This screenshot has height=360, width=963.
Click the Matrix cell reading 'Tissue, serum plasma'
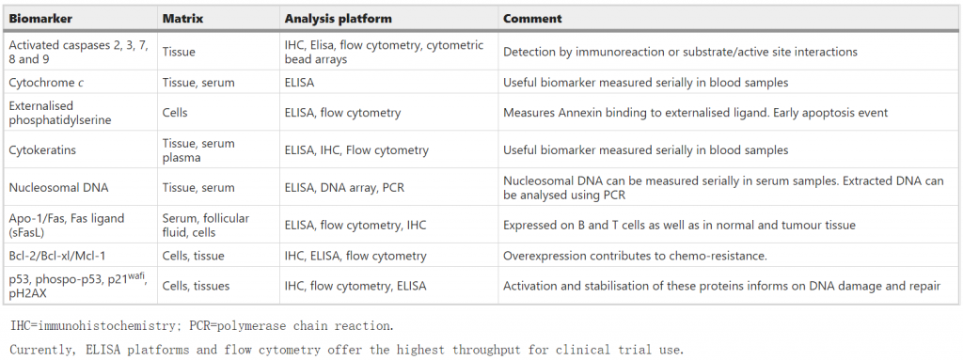[x=198, y=149]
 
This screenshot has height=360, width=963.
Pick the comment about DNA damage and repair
[x=720, y=286]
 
